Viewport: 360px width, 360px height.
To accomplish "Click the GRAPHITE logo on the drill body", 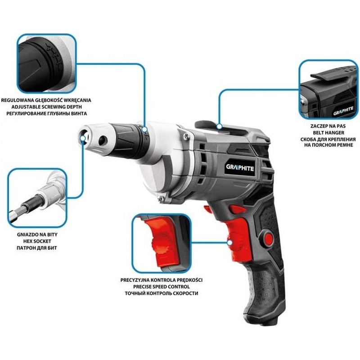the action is tap(240, 167).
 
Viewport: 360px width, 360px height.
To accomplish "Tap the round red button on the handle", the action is tap(268, 238).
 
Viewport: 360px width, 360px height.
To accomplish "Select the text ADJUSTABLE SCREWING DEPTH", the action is tap(47, 107).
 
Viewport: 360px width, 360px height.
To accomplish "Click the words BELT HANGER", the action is tap(328, 133).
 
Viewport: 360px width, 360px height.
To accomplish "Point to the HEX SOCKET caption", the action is tap(37, 241).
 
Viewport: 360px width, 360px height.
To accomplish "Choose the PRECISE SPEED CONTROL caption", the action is tap(162, 287).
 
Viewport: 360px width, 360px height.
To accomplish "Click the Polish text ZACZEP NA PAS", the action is tap(328, 126).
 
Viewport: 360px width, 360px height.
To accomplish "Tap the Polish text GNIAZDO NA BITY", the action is tap(37, 234).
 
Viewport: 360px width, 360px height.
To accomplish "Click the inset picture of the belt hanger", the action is tap(328, 89).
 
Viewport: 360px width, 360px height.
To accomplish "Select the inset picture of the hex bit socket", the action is tap(37, 198).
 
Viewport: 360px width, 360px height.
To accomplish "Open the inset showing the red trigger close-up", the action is tap(162, 243).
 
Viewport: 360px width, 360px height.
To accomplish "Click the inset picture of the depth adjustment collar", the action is tap(47, 63).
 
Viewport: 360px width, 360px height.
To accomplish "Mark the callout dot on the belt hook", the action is tap(220, 126).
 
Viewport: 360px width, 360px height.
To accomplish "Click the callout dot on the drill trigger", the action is tap(229, 243).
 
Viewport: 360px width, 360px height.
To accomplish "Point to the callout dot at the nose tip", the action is tap(83, 138).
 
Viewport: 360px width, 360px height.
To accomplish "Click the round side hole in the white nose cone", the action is tap(103, 140).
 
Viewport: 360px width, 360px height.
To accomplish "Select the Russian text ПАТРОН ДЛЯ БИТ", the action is tap(37, 248).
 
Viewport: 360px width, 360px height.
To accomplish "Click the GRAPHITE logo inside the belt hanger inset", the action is tap(343, 111).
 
